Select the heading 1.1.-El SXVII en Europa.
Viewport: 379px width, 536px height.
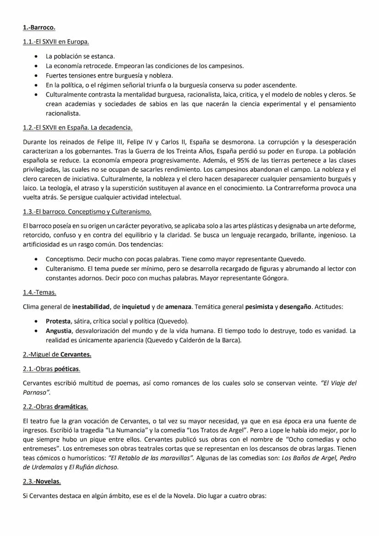point(55,42)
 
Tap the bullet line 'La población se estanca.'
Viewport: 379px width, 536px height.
point(80,56)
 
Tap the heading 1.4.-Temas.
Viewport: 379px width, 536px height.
point(39,292)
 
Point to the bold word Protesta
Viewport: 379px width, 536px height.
point(58,321)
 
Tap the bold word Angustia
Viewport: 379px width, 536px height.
point(59,330)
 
